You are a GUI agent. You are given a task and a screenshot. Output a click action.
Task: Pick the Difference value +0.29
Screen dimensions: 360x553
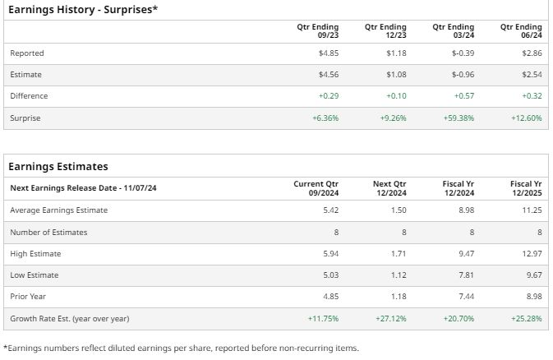click(329, 96)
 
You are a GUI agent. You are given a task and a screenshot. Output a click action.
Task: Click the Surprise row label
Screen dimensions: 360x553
click(25, 118)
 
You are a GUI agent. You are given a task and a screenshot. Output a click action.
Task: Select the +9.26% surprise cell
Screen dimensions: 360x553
click(394, 118)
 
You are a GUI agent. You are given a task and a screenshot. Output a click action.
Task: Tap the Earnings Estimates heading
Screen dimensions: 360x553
click(58, 167)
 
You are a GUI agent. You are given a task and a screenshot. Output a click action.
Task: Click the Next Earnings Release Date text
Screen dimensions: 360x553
click(83, 188)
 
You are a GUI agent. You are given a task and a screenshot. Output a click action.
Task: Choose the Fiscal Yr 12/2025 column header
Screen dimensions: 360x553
click(526, 187)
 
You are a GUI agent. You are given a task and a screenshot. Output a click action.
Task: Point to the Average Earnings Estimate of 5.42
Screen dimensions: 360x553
click(331, 210)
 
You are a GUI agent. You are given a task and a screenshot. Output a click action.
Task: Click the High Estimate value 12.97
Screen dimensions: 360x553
click(532, 254)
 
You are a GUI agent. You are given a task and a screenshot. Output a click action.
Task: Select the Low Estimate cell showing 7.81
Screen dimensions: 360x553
click(467, 275)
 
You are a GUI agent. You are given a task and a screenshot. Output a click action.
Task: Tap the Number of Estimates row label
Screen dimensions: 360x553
click(48, 233)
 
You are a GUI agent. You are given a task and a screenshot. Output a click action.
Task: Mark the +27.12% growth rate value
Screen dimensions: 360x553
click(392, 318)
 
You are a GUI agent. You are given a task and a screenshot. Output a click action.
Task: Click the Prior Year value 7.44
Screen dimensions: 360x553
click(467, 297)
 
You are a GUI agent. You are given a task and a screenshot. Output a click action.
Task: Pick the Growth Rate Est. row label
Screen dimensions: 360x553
click(69, 318)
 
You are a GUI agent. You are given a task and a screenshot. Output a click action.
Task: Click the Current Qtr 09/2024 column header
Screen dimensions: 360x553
click(316, 187)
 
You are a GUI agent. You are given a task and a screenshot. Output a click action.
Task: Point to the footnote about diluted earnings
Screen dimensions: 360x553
click(181, 348)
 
